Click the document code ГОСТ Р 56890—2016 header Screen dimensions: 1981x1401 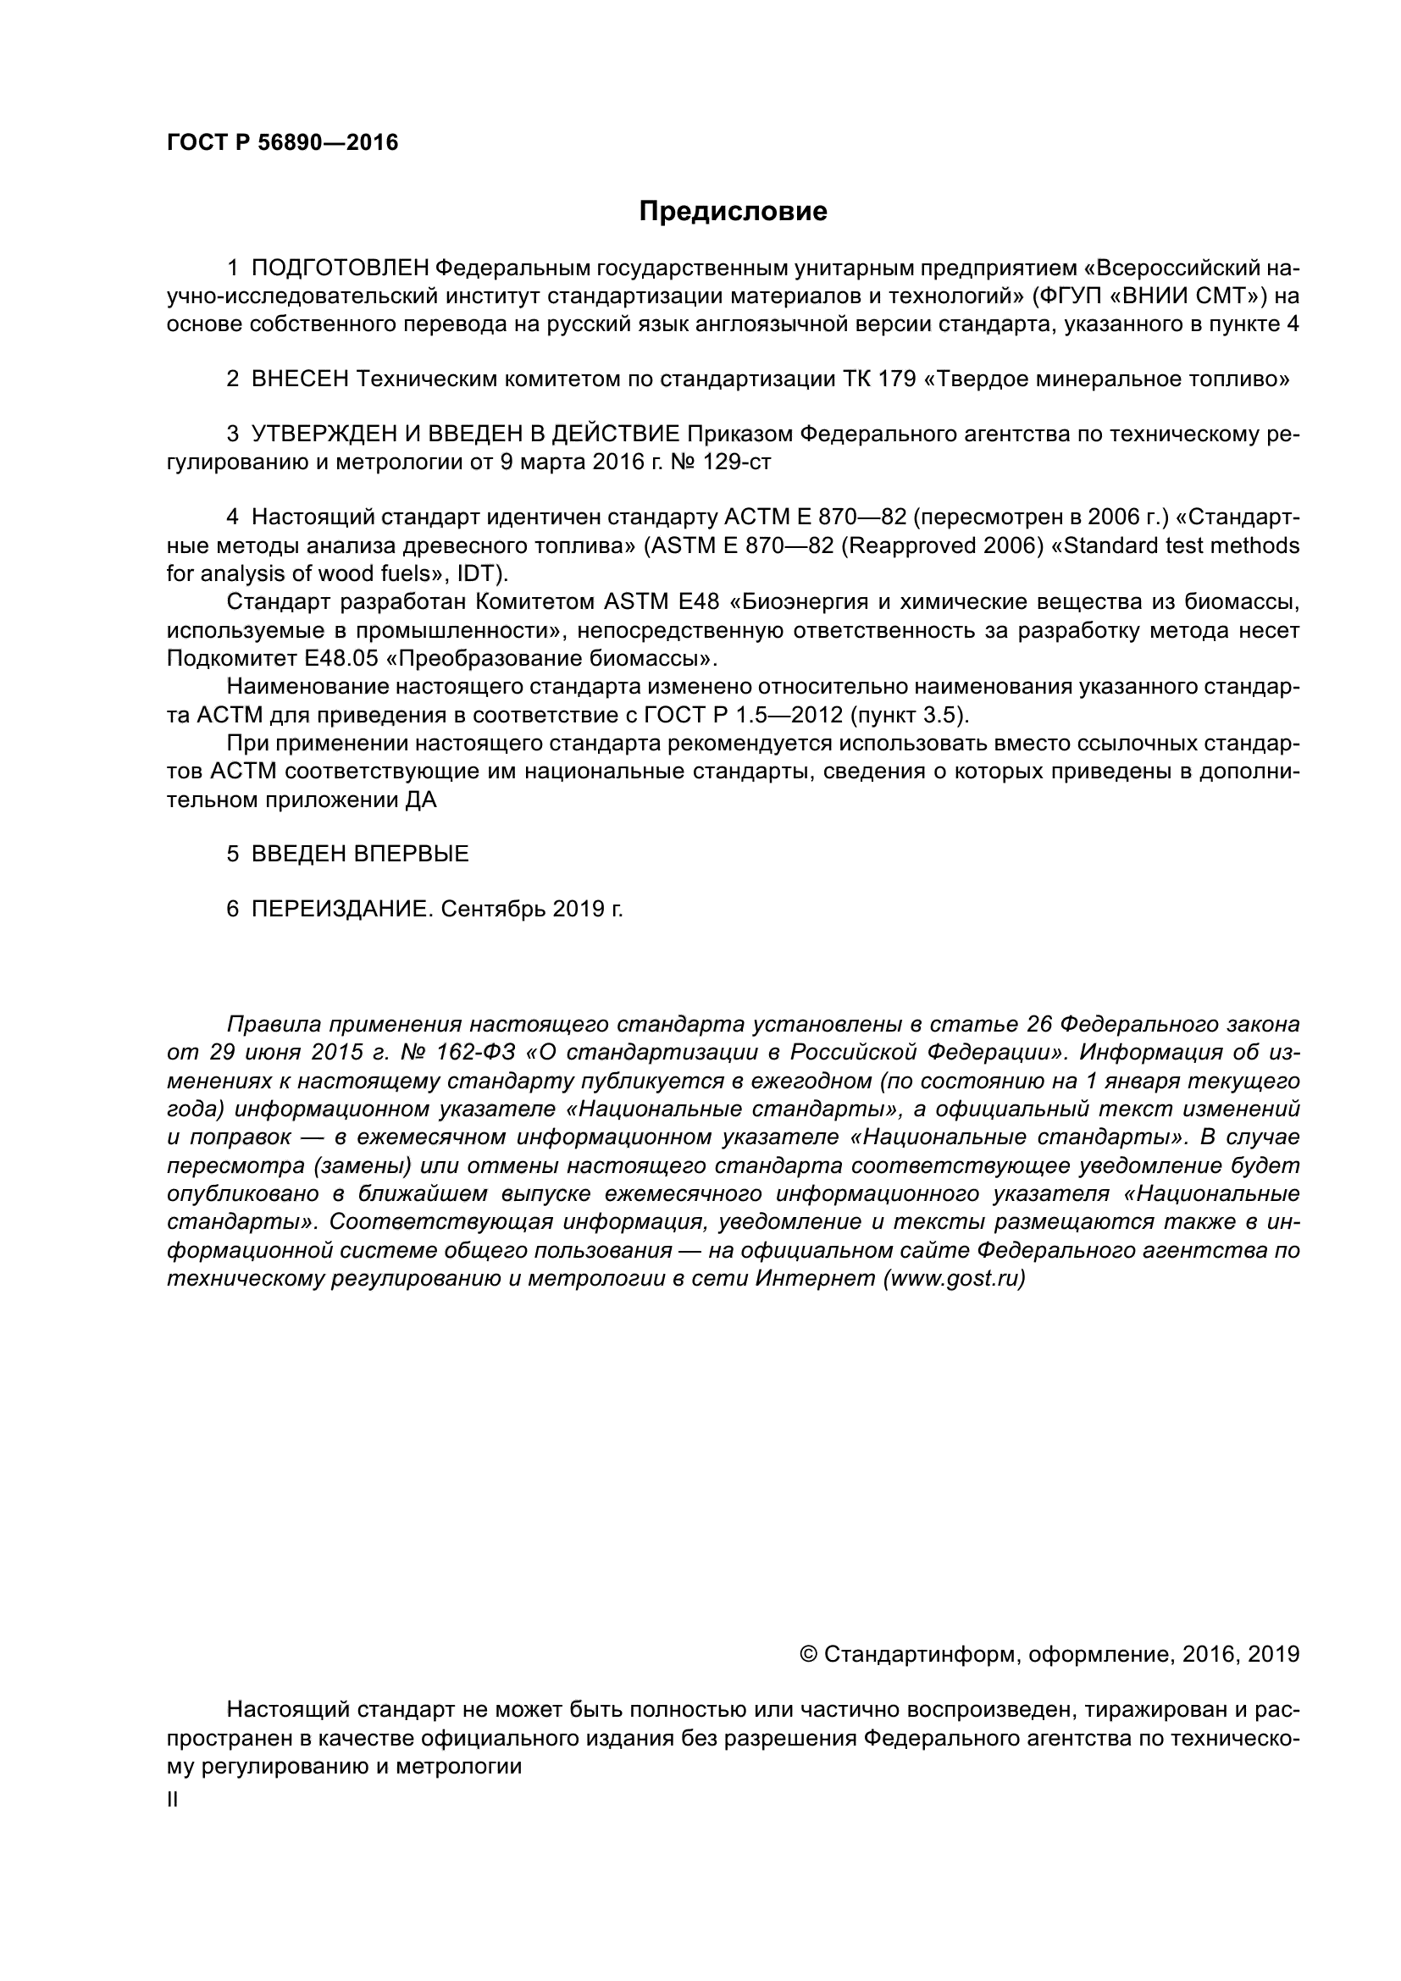click(282, 143)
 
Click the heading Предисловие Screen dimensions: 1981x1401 click(733, 212)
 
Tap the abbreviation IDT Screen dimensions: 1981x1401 click(481, 573)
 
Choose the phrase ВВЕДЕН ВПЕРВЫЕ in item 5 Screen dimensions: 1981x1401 click(360, 855)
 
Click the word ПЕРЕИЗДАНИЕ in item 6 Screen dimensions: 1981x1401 click(340, 909)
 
